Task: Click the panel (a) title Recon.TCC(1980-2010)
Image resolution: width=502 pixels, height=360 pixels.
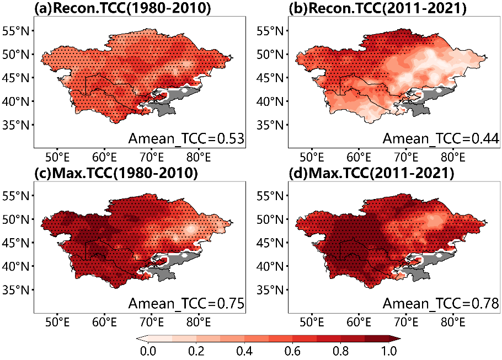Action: [122, 8]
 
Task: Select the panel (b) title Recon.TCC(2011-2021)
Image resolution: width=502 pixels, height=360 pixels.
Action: [377, 8]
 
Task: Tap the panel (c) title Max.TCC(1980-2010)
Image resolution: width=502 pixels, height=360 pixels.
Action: [116, 173]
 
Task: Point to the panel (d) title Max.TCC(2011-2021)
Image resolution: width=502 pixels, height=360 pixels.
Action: [371, 173]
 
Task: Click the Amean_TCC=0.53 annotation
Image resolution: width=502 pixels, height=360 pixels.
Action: [186, 138]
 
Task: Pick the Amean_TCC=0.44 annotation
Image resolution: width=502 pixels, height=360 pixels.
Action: [441, 138]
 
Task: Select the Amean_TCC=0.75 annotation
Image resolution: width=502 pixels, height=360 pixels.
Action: [186, 303]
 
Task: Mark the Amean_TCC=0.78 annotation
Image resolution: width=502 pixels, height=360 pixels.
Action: [441, 303]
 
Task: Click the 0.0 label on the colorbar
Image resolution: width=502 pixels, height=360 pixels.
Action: [148, 351]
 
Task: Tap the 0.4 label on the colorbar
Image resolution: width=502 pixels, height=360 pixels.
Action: [244, 351]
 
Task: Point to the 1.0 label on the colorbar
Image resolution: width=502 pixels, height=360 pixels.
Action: [389, 351]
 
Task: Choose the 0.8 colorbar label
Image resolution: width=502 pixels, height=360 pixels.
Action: [341, 351]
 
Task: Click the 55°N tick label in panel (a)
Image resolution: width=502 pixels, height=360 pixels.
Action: [15, 31]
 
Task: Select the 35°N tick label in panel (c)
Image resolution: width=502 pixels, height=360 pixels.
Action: [15, 289]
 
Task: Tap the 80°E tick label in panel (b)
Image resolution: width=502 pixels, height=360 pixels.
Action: [453, 158]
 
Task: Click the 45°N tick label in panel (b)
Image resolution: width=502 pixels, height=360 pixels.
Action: [270, 78]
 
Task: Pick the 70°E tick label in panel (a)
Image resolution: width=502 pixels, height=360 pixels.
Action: [152, 158]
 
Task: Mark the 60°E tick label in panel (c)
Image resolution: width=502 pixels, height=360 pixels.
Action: [105, 322]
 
